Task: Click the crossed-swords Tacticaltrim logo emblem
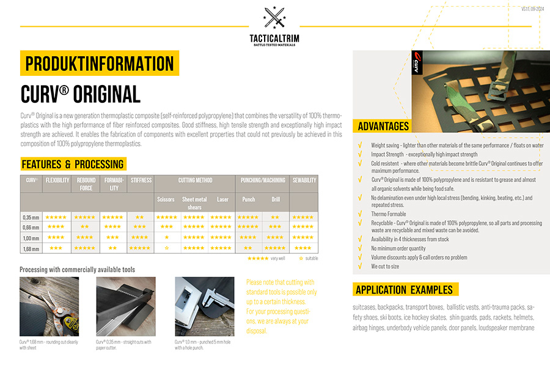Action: click(x=274, y=18)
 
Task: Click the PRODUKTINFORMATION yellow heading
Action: click(x=100, y=64)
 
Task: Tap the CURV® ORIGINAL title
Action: click(x=80, y=94)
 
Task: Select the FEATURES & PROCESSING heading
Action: click(x=73, y=164)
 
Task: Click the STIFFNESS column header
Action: click(x=141, y=180)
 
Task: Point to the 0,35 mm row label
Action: click(x=31, y=217)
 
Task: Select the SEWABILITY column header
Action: click(x=304, y=180)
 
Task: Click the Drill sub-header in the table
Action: click(x=275, y=199)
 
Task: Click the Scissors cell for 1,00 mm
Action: click(x=166, y=237)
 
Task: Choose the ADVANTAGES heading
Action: click(x=383, y=127)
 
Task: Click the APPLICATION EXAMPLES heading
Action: click(x=405, y=289)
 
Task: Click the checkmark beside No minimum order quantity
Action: click(x=361, y=248)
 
